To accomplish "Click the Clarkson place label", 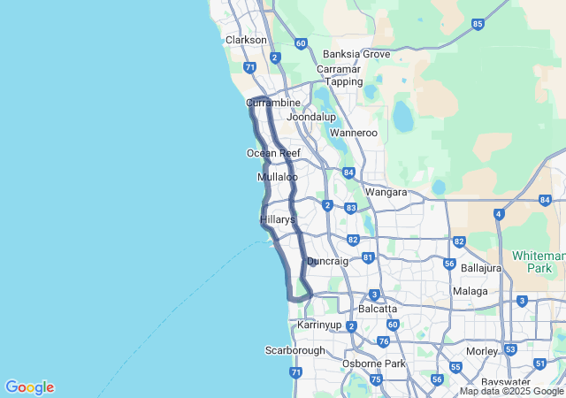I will tap(246, 40).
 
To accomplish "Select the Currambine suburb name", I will tap(274, 103).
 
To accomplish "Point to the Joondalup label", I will tap(312, 117).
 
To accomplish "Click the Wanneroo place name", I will tap(354, 134).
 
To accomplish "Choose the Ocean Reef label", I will tap(273, 153).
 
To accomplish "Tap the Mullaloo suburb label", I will tap(277, 177).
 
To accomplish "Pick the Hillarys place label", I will tap(277, 218).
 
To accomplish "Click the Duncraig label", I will tap(327, 261).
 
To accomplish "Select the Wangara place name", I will tap(386, 192).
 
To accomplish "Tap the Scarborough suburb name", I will tap(295, 350).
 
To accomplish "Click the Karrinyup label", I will tap(319, 325).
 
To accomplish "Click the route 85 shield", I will tap(478, 24).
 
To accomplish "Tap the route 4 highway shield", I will tap(499, 214).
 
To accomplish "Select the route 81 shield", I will tap(368, 257).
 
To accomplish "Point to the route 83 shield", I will tap(351, 208).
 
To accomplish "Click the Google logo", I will tap(29, 387).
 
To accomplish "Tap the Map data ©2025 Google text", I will tap(512, 391).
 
